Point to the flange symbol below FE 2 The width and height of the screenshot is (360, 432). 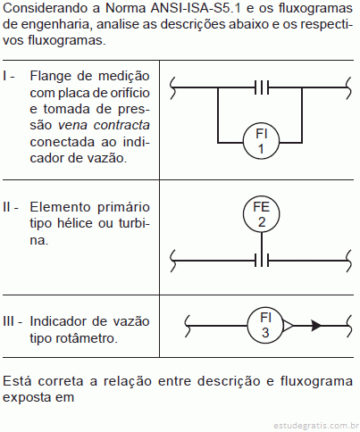pyautogui.click(x=262, y=261)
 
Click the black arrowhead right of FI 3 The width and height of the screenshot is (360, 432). pyautogui.click(x=316, y=326)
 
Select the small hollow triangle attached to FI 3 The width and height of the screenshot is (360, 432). pyautogui.click(x=288, y=326)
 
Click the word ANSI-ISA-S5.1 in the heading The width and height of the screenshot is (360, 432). pyautogui.click(x=196, y=8)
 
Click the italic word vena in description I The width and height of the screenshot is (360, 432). pyautogui.click(x=72, y=126)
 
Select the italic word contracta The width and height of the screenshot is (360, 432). pyautogui.click(x=121, y=125)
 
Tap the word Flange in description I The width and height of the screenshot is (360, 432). pyautogui.click(x=50, y=77)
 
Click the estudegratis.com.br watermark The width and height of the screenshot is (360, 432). pyautogui.click(x=316, y=426)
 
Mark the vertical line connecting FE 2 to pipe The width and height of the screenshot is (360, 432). pyautogui.click(x=262, y=243)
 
